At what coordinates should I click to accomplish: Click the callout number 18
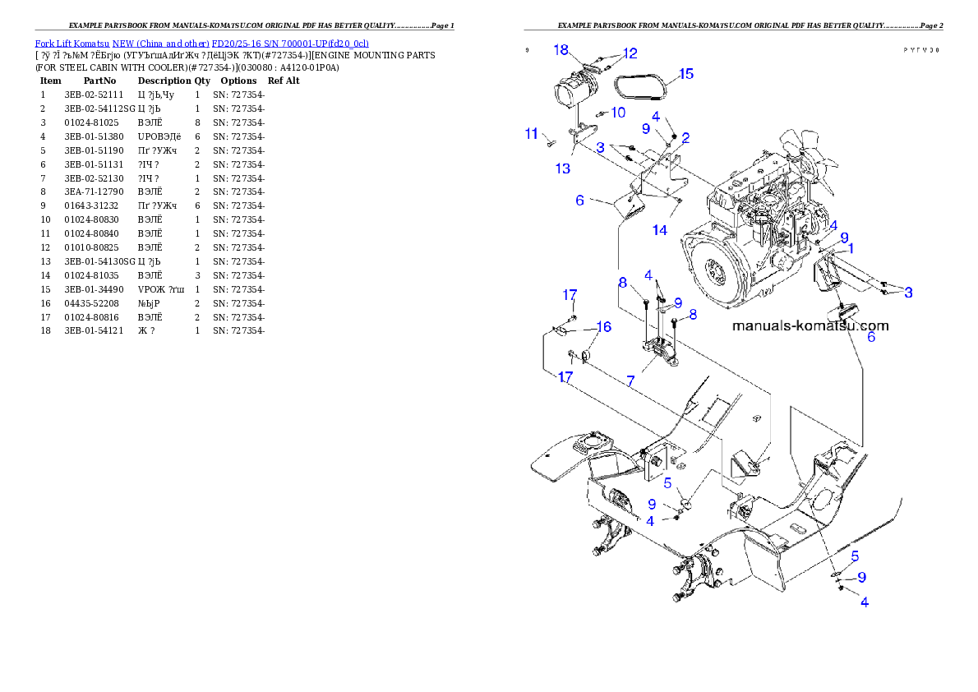click(x=561, y=50)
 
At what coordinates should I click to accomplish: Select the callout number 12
click(x=630, y=53)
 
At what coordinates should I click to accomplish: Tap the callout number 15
click(x=685, y=74)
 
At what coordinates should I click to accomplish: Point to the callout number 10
click(x=617, y=112)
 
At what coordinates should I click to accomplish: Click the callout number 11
click(x=532, y=133)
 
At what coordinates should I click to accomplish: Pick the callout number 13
click(x=562, y=168)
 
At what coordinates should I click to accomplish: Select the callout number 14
click(x=660, y=230)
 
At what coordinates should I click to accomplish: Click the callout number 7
click(x=630, y=381)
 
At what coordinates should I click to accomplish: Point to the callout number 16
click(x=603, y=327)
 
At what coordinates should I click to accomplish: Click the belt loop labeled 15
click(x=641, y=86)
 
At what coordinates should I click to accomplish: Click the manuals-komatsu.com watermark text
click(x=810, y=325)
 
